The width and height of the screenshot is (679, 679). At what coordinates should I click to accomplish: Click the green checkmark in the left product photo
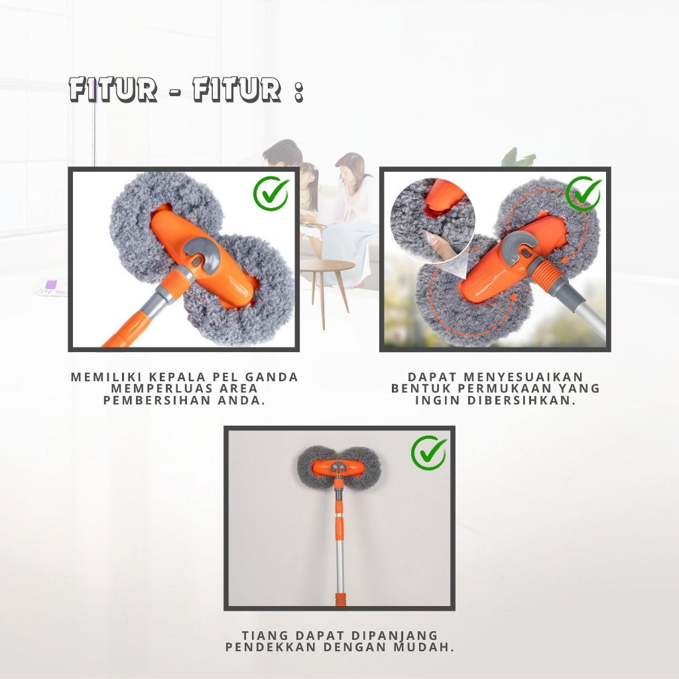point(271,194)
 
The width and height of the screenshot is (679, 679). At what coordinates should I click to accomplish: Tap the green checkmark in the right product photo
point(584,193)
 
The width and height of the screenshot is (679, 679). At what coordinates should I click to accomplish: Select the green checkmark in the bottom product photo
point(429,453)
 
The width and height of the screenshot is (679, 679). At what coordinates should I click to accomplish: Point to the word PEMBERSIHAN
point(156,400)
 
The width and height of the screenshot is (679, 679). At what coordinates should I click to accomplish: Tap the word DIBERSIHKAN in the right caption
point(522,400)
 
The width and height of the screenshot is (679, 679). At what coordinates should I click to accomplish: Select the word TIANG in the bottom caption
point(265,635)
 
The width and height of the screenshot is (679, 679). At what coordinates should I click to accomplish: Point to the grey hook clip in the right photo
point(516,245)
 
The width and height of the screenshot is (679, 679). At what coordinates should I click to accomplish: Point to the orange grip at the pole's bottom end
point(341,599)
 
